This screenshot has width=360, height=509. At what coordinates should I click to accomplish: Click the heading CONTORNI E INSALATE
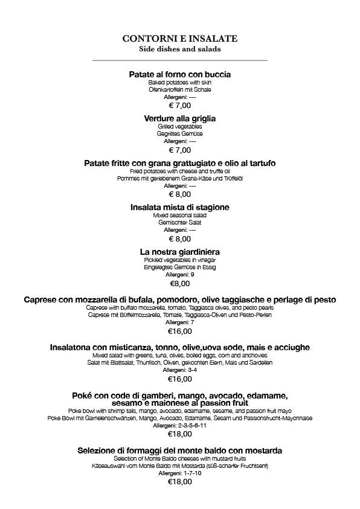tap(180, 38)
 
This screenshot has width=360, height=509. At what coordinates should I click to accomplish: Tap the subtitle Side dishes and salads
tap(180, 48)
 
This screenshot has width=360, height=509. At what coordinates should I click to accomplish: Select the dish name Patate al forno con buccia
tap(180, 74)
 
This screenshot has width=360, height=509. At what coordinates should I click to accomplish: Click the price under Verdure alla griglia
tap(180, 150)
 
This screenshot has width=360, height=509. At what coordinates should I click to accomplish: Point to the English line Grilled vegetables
tap(180, 127)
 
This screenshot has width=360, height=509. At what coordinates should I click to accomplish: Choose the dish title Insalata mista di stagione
tap(180, 207)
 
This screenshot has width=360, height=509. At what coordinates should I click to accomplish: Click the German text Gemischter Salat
tap(180, 222)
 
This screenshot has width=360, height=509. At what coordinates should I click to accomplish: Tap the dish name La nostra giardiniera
tap(180, 251)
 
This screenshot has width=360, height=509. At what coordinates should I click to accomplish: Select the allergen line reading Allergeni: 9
tap(180, 274)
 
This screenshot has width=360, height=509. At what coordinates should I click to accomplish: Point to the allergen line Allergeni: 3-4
tap(180, 370)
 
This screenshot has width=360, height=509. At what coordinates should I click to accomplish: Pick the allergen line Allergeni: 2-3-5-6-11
tap(180, 425)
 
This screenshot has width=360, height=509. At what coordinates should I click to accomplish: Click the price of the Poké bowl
tap(180, 434)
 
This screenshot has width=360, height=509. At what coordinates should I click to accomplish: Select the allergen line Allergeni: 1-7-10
tap(180, 473)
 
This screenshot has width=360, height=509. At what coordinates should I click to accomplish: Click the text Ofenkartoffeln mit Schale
tap(180, 89)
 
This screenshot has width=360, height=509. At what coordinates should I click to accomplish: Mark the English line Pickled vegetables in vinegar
tap(180, 260)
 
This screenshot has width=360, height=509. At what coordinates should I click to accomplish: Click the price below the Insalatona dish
tap(180, 379)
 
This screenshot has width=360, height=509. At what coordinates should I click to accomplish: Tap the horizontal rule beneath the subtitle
tap(180, 60)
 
